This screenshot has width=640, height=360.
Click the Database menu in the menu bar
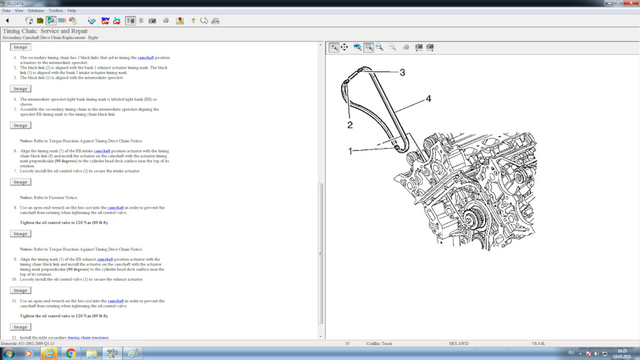[x=35, y=11]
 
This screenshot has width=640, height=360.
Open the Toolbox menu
[x=56, y=11]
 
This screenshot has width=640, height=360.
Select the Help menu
[x=72, y=11]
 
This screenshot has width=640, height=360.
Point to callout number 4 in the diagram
[x=429, y=99]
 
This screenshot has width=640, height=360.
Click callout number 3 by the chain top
[x=402, y=72]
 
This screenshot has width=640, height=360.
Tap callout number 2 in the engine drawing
[x=349, y=124]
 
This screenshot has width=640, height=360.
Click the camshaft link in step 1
[x=145, y=57]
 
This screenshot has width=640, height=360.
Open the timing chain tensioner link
[x=88, y=337]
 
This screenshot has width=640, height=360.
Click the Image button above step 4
[x=21, y=89]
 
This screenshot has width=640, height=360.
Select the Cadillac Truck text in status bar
[x=379, y=343]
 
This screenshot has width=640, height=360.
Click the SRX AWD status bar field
[x=460, y=343]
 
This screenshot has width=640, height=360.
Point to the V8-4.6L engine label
[x=538, y=343]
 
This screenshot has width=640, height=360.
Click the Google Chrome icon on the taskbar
[x=71, y=353]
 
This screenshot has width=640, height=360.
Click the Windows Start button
[x=9, y=353]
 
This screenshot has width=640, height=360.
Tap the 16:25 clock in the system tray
[x=621, y=350]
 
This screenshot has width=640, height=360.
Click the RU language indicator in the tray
[x=571, y=353]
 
